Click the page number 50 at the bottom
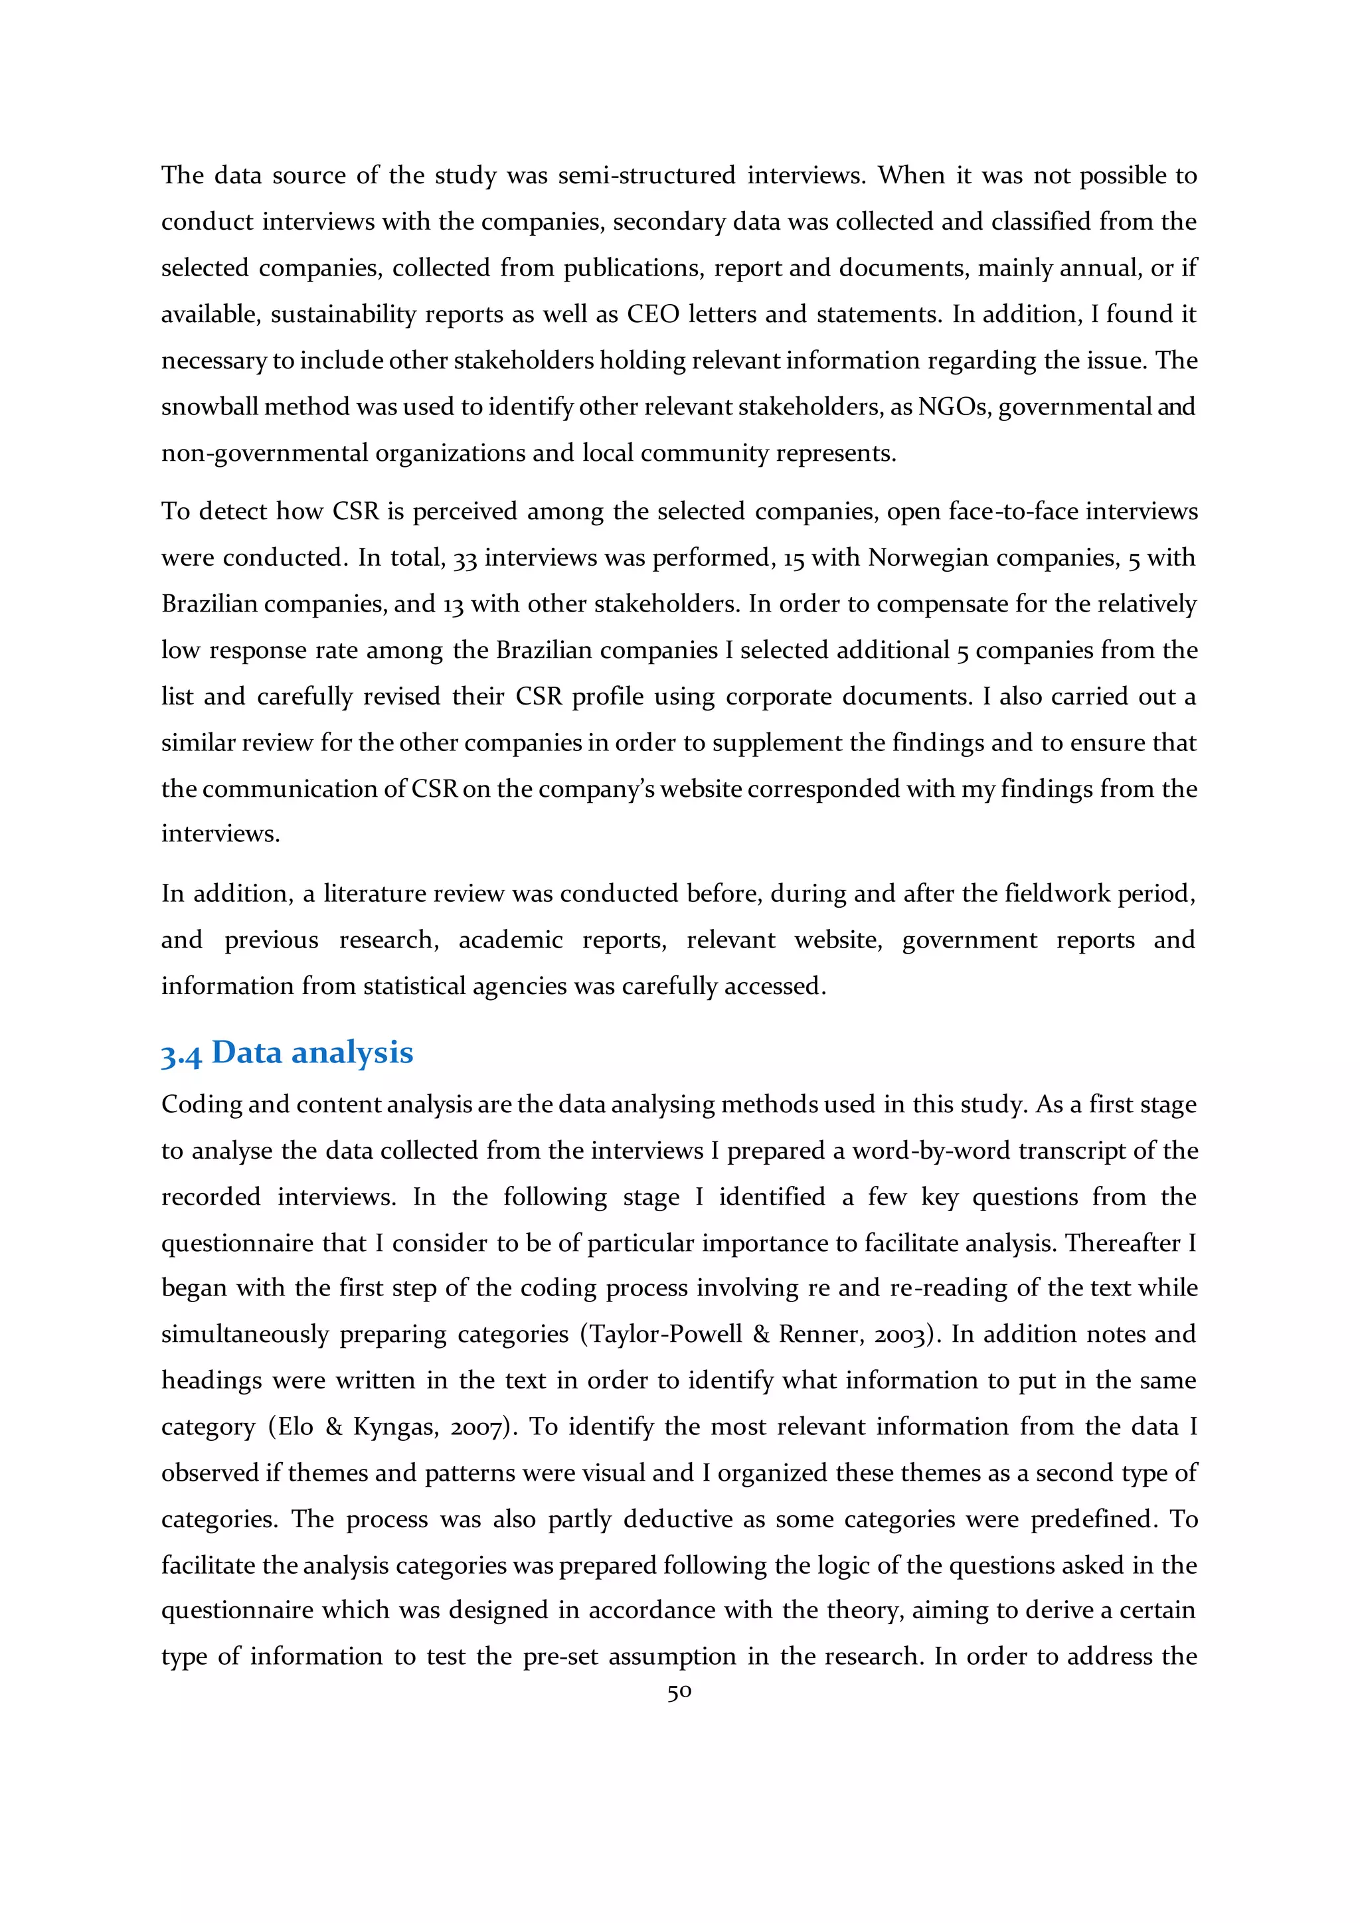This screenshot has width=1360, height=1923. [x=679, y=1693]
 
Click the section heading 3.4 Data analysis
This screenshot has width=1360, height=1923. [x=288, y=1052]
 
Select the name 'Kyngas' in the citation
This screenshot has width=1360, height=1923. [x=392, y=1426]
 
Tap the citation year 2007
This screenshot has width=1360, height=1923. [x=480, y=1426]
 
